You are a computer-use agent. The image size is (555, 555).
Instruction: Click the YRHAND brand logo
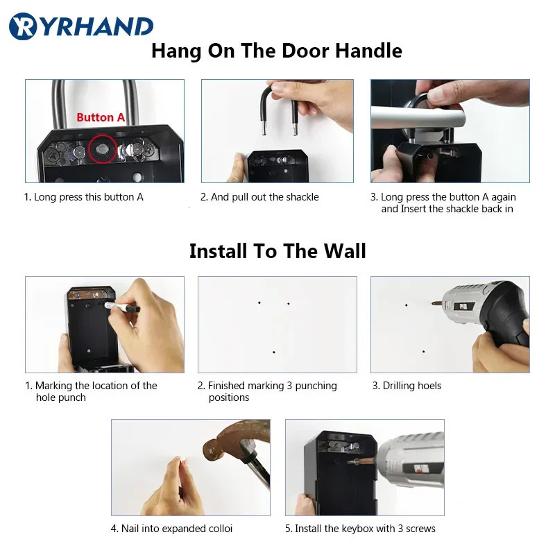pyautogui.click(x=81, y=26)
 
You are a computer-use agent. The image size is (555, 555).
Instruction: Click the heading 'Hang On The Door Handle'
pyautogui.click(x=277, y=51)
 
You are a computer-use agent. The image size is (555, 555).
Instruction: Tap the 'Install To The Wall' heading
pyautogui.click(x=277, y=250)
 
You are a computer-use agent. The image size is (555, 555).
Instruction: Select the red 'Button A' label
pyautogui.click(x=101, y=117)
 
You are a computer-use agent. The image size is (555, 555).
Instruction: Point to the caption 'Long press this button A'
pyautogui.click(x=84, y=197)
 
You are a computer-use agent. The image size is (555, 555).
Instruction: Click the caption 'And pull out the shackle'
pyautogui.click(x=259, y=197)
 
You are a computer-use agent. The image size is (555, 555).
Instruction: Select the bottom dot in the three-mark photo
pyautogui.click(x=274, y=352)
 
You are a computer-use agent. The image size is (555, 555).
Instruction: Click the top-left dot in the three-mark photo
pyautogui.click(x=259, y=302)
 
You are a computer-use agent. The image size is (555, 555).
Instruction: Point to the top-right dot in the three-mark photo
pyautogui.click(x=289, y=303)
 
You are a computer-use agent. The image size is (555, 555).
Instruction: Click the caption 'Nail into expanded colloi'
pyautogui.click(x=171, y=529)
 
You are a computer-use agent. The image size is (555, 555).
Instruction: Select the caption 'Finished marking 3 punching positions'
pyautogui.click(x=267, y=391)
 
